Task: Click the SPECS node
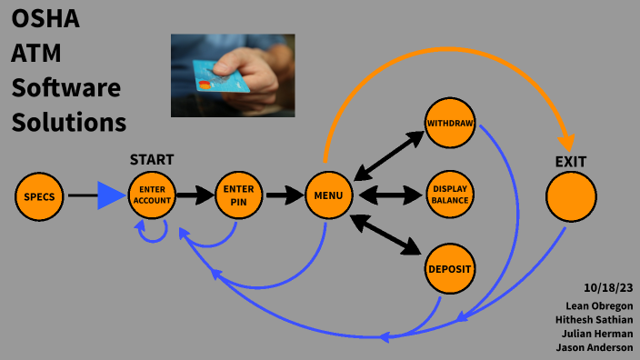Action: click(x=40, y=195)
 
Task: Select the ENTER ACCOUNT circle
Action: click(x=152, y=195)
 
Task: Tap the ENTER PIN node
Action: click(x=239, y=195)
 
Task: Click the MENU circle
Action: click(x=328, y=195)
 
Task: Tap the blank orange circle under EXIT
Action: click(x=571, y=195)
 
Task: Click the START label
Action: click(x=152, y=160)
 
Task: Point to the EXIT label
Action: click(x=571, y=162)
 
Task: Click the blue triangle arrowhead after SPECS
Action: click(x=111, y=195)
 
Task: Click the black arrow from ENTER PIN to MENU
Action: click(x=283, y=195)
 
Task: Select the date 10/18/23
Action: click(x=609, y=288)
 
